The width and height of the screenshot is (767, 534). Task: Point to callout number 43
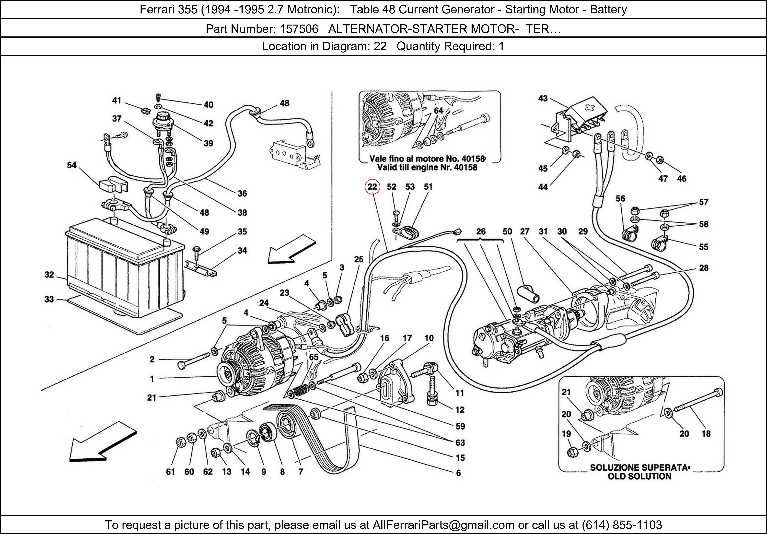tap(543, 98)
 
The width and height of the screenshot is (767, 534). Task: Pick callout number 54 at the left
tap(72, 165)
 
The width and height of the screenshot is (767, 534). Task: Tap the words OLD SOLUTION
tap(639, 476)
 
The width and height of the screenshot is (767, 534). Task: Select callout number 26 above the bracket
tap(481, 231)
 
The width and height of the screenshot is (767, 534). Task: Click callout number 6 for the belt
tap(458, 473)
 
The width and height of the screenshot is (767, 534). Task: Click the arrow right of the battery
tap(291, 249)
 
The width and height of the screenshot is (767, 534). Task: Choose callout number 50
tap(507, 231)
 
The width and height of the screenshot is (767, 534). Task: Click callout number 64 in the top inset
tap(438, 111)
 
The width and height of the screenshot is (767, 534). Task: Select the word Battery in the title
tap(608, 9)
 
